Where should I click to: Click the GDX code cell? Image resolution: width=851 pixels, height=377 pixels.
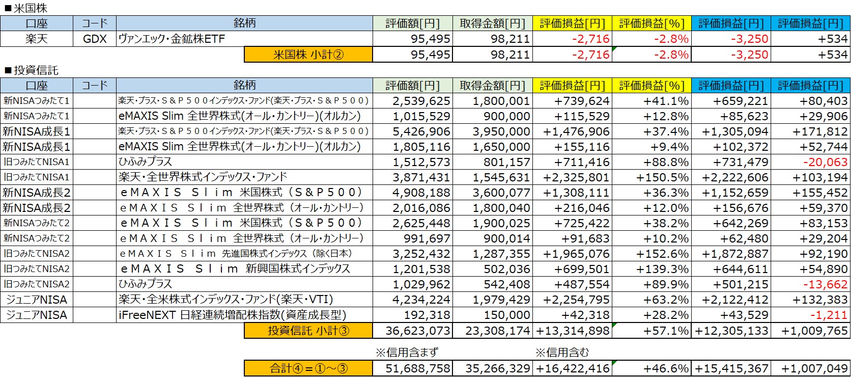pos(95,39)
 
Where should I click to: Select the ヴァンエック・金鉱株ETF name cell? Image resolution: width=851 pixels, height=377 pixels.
pos(172,39)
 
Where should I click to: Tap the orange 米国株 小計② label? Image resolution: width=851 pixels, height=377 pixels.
pos(308,55)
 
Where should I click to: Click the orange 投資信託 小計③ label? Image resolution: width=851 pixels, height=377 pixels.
pos(308,331)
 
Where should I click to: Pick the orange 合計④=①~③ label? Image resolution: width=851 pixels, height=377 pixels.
pos(308,368)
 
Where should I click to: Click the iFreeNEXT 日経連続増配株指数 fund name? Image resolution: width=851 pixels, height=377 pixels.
pos(232,315)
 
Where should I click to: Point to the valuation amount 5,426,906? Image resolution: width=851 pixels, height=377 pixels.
pos(421,131)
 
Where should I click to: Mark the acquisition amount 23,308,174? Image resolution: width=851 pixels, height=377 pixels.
pos(497,331)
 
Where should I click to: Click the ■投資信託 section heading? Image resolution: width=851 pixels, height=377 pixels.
pos(31,70)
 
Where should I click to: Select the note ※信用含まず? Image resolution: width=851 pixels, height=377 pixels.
pos(406,353)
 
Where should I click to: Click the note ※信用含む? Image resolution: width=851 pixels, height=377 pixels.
pos(562,353)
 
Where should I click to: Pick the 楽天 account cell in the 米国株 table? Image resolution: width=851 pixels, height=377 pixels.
pos(37,39)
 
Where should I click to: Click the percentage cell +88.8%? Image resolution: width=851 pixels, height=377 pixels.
pos(666,162)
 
